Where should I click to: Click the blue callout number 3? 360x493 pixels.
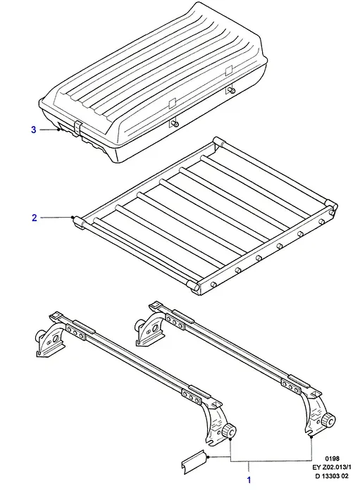pos(34,130)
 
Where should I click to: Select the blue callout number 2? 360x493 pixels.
pos(35,218)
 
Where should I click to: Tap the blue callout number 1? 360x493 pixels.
pos(249,480)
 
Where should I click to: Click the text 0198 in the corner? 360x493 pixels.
pos(332,458)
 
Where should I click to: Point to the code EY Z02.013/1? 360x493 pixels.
pos(332,467)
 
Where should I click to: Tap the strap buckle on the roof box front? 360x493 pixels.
pos(77,128)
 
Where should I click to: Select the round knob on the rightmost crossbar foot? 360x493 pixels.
pos(328,420)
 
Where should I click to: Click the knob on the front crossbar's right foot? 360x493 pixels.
pos(230,431)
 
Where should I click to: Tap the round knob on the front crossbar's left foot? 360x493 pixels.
pos(40,336)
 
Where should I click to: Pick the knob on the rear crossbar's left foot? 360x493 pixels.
pos(139,324)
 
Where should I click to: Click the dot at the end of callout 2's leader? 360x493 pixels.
pos(73,217)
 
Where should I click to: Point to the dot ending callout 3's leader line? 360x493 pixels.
pos(58,129)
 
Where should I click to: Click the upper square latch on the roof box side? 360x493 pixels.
pos(228,70)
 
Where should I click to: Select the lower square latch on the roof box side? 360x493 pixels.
pos(172,103)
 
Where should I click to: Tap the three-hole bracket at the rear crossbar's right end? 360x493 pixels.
pos(292,387)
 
